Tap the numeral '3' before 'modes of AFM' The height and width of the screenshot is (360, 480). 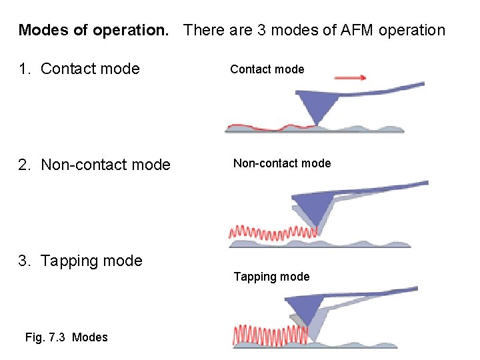pos(261,30)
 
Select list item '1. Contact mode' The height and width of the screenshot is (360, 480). pos(79,68)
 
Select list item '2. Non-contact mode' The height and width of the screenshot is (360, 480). pos(95,165)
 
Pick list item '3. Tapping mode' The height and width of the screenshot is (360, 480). pos(81,261)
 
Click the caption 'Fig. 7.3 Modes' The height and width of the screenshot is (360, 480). pos(66,337)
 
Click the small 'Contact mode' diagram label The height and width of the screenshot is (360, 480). pos(267,69)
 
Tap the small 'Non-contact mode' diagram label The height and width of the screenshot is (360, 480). pos(282,163)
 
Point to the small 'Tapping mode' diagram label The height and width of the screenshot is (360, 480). pos(271,277)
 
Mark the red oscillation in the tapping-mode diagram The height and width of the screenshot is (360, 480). pos(267,334)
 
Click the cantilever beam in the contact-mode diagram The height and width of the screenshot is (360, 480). pos(387,89)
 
